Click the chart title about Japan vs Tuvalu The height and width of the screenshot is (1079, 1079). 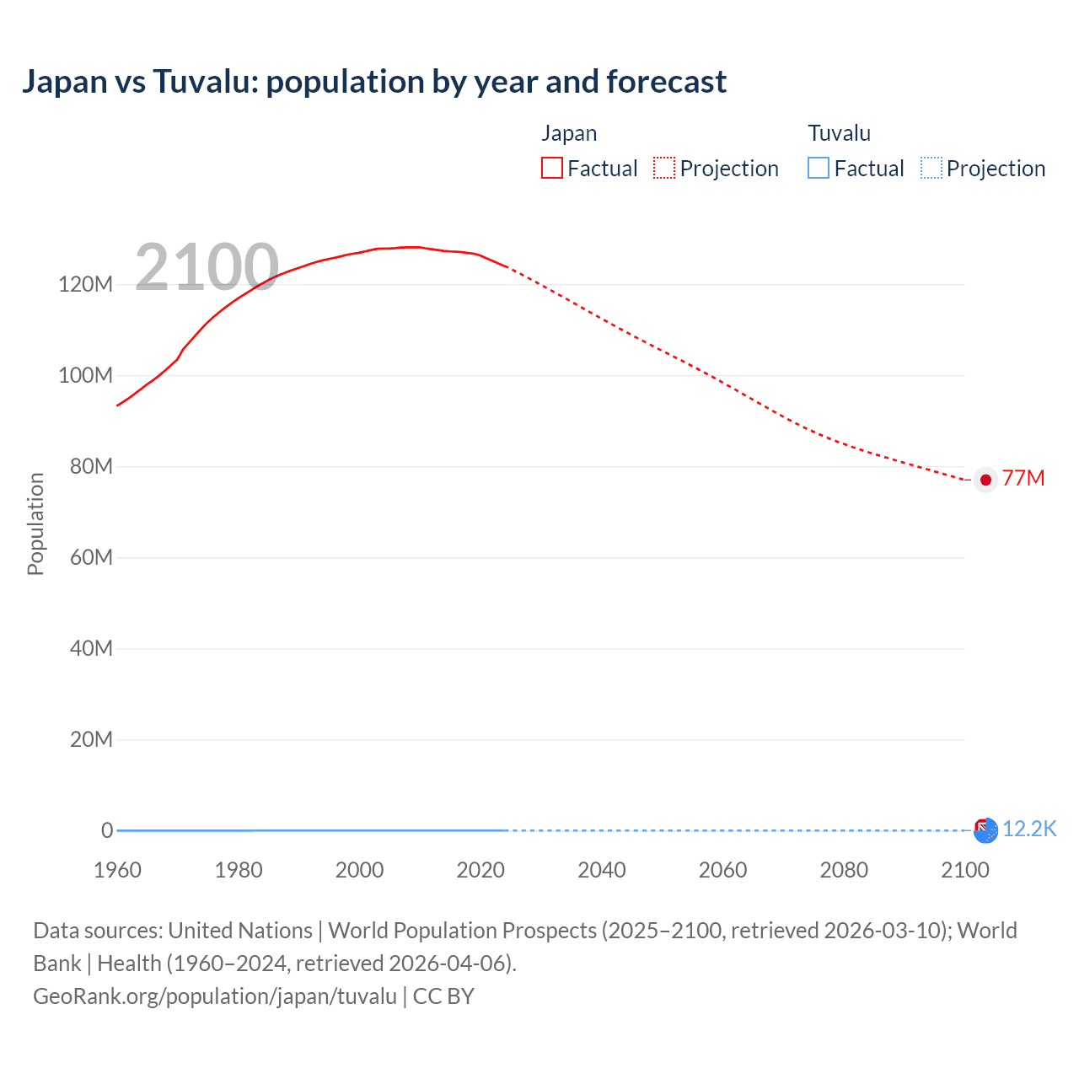pos(373,82)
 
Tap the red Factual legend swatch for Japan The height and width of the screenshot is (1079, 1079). pos(551,169)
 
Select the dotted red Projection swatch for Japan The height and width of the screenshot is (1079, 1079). pos(664,169)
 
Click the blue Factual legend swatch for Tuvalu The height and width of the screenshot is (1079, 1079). pos(818,169)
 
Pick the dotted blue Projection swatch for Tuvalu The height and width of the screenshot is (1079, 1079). pos(931,169)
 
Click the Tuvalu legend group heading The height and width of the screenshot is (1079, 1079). pos(839,133)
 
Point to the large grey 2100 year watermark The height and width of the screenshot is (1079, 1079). pos(207,267)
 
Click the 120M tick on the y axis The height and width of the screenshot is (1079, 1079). pos(85,284)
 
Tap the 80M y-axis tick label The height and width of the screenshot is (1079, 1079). pos(91,466)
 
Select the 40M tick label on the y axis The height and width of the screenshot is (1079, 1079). pos(91,648)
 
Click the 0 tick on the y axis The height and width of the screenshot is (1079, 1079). pos(107,830)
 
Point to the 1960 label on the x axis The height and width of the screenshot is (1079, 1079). pos(117,870)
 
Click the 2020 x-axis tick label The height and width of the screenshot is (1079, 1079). pos(480,870)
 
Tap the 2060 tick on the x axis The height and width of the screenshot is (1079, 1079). pos(722,870)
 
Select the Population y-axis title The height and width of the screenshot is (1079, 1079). pos(35,523)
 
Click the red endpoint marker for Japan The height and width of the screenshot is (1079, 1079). pos(985,480)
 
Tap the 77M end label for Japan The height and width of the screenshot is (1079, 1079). pos(1023,479)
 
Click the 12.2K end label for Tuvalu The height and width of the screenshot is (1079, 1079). pos(1028,829)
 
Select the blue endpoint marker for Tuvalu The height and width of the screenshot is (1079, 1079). pos(986,831)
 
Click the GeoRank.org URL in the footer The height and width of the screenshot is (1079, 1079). pos(215,996)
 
